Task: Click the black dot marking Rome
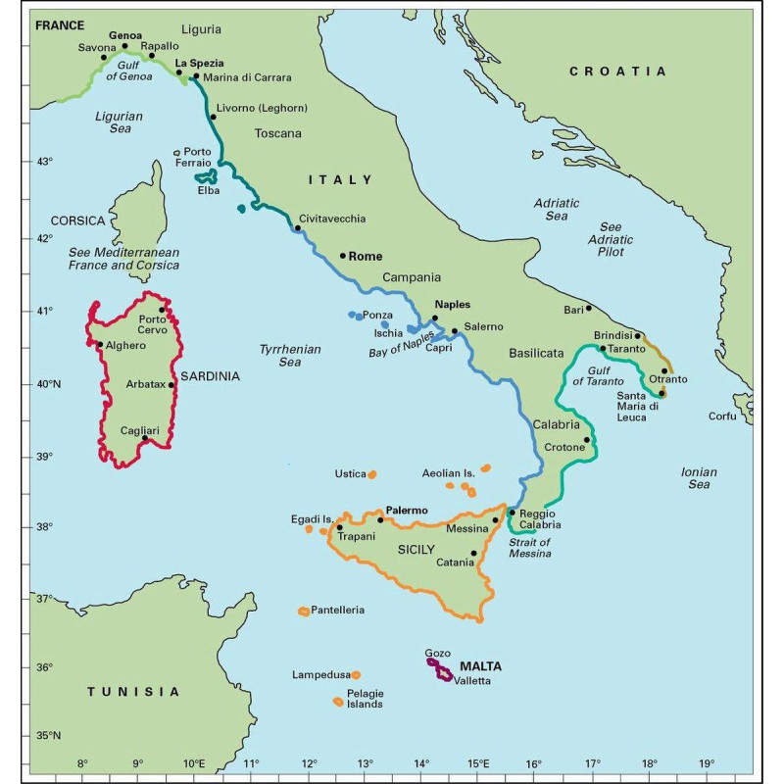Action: point(343,256)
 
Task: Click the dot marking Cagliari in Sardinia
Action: point(145,438)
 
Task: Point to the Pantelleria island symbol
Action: point(304,612)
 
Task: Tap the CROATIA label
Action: point(617,72)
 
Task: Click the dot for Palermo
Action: point(380,519)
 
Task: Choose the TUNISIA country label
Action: point(133,692)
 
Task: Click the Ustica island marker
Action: point(371,474)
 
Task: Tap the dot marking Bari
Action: point(588,308)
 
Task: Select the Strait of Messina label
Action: point(530,548)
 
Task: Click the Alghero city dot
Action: point(100,344)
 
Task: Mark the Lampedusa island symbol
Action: point(356,675)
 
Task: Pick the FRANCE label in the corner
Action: point(60,25)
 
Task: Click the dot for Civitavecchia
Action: point(298,228)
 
